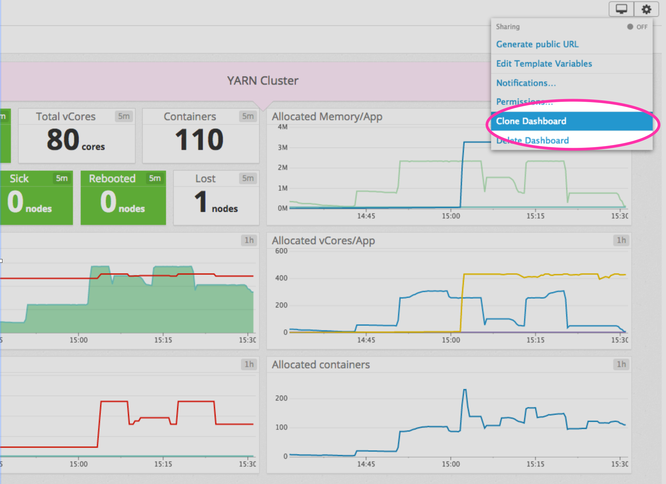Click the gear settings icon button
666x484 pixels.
tap(646, 9)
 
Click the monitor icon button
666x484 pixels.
tap(621, 9)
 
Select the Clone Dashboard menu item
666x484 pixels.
tap(531, 121)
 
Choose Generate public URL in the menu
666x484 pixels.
tap(537, 44)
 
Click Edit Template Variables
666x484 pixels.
tap(544, 64)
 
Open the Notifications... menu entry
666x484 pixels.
tap(526, 83)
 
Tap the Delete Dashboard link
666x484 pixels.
tap(532, 141)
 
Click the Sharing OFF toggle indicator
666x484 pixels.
tap(637, 27)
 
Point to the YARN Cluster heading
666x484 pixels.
tap(263, 81)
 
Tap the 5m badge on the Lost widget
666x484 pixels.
tap(248, 178)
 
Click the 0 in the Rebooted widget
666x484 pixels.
tap(108, 201)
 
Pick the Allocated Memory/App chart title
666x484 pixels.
tap(327, 117)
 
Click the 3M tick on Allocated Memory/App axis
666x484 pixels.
tap(282, 148)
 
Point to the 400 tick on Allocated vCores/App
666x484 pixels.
tap(281, 278)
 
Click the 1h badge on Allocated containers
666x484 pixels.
tap(621, 364)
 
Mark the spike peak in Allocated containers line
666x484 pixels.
tap(465, 390)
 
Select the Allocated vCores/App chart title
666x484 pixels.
tap(323, 241)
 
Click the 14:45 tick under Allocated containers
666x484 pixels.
tap(366, 464)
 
